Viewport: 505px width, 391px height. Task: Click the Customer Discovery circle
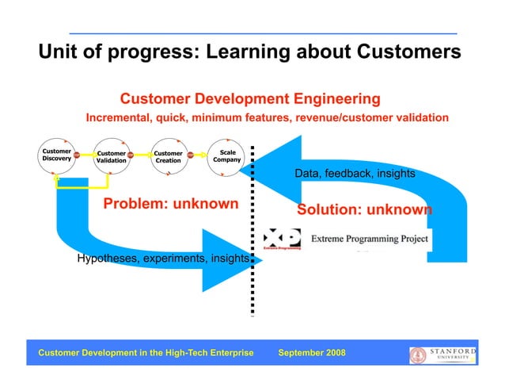point(56,155)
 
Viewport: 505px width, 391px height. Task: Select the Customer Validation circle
point(111,157)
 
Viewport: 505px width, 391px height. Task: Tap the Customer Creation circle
point(168,157)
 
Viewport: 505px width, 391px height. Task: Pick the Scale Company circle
point(226,155)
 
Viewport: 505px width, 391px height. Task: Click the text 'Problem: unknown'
point(171,204)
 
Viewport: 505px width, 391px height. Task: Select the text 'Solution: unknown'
point(364,210)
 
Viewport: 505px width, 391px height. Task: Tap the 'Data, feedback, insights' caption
point(355,174)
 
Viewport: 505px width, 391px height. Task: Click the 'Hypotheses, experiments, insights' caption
point(163,259)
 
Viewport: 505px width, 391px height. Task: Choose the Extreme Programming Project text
point(369,238)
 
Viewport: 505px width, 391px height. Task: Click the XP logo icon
point(281,239)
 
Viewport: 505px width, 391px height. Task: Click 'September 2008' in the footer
point(312,352)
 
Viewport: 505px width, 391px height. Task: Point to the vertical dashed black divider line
point(252,238)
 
